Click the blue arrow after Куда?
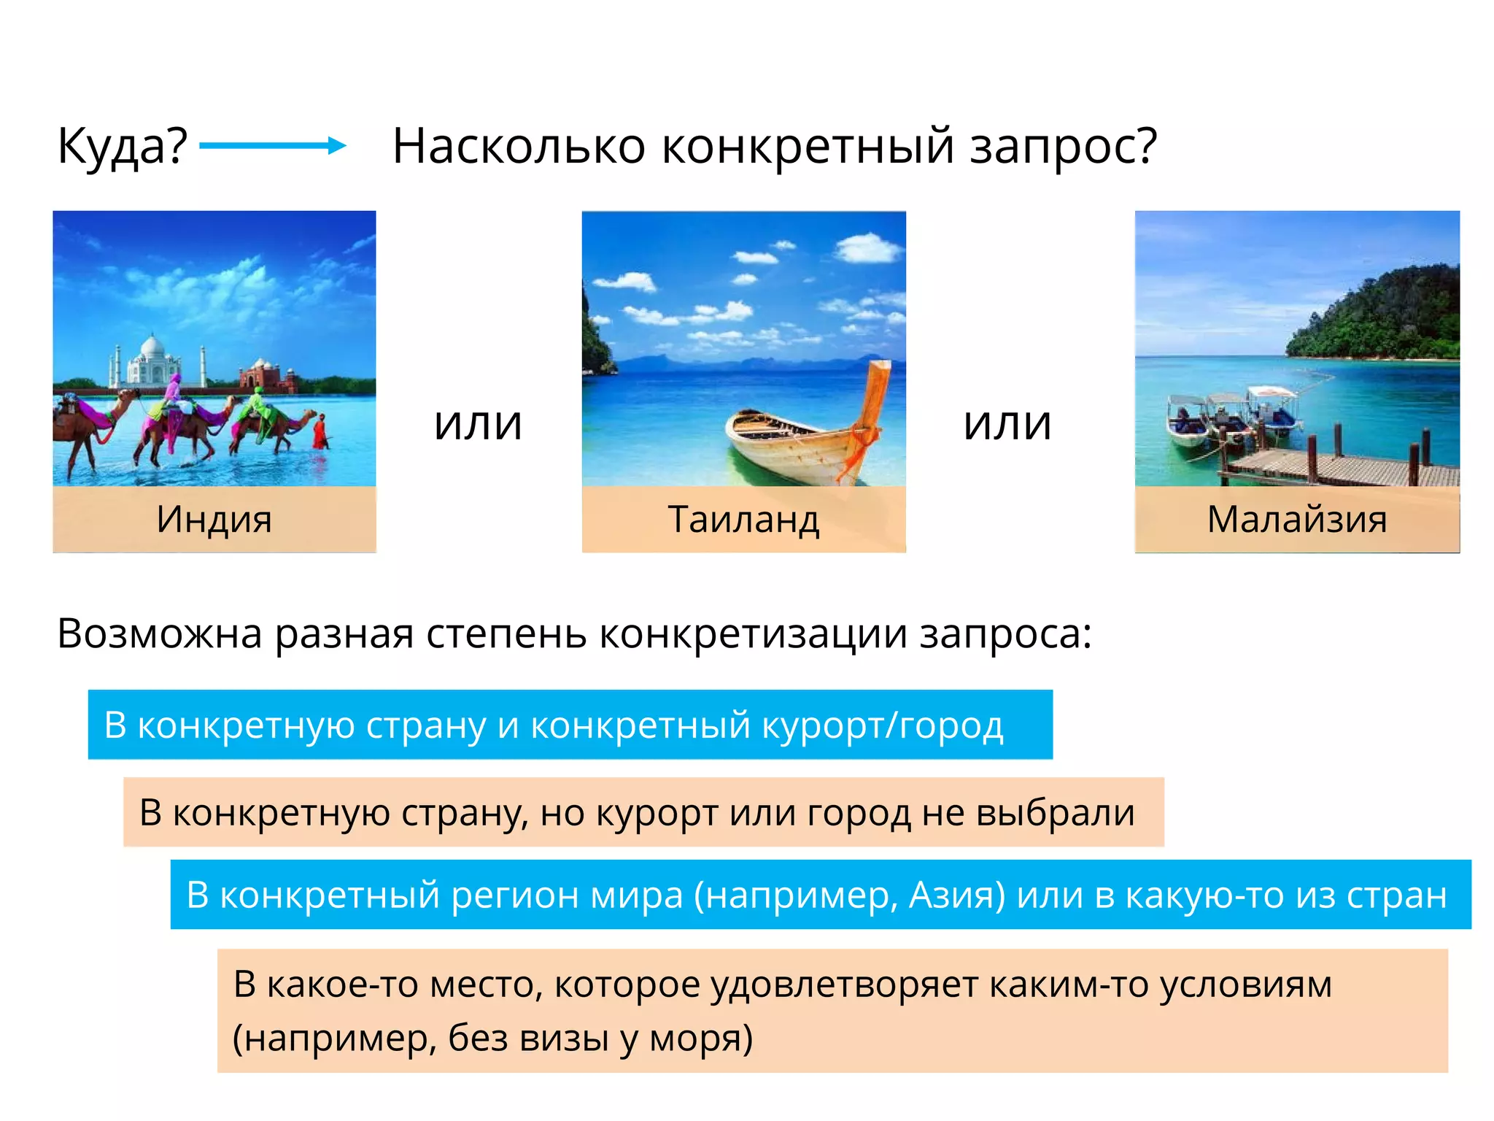pos(272,145)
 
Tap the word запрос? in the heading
pos(1063,146)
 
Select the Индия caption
pos(214,520)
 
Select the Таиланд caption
pos(743,520)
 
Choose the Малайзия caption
pos(1296,520)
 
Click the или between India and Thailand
pos(478,424)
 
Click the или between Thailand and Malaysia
pos(1007,424)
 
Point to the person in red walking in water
pos(320,431)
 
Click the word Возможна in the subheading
pos(160,633)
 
